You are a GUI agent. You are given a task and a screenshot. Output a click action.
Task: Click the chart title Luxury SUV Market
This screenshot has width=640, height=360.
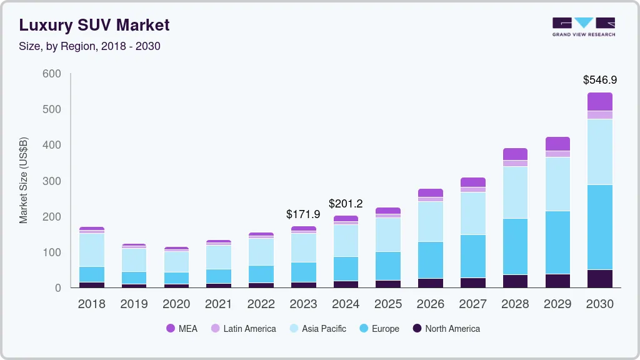click(x=94, y=25)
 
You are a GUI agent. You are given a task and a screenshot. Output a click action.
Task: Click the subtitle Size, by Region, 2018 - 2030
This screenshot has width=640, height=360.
click(x=89, y=46)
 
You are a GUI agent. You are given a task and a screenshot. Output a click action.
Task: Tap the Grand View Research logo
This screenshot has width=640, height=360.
click(x=583, y=26)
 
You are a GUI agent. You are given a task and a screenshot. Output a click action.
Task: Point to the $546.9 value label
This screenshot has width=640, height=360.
click(x=599, y=80)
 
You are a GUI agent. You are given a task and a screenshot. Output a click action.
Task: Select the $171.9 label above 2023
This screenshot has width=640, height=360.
click(x=303, y=214)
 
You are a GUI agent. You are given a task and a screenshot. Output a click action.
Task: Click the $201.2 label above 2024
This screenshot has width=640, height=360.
click(x=346, y=204)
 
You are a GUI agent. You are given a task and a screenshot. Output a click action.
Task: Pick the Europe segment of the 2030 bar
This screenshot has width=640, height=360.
click(x=599, y=227)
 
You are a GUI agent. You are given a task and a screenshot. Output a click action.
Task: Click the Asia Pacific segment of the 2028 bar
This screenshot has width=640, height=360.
click(x=515, y=192)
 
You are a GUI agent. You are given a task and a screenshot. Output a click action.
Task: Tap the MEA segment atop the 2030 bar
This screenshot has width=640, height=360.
click(x=599, y=101)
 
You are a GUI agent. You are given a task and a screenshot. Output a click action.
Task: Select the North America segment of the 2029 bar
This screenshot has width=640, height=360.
click(x=557, y=281)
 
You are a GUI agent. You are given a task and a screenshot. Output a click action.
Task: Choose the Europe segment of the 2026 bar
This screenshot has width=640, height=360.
click(x=430, y=260)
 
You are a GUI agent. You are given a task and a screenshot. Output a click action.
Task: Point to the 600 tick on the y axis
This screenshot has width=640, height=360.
click(x=52, y=74)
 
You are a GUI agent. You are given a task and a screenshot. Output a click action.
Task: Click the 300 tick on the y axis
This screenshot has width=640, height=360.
click(x=52, y=181)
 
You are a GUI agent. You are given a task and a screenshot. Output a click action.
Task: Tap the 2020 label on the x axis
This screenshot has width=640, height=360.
click(x=176, y=304)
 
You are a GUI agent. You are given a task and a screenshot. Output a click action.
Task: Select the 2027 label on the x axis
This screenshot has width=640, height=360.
click(x=472, y=304)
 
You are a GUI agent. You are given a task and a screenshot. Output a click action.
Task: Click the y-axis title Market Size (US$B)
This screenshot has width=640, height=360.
click(x=24, y=180)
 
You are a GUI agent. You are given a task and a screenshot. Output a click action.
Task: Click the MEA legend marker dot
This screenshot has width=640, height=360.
click(x=171, y=329)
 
